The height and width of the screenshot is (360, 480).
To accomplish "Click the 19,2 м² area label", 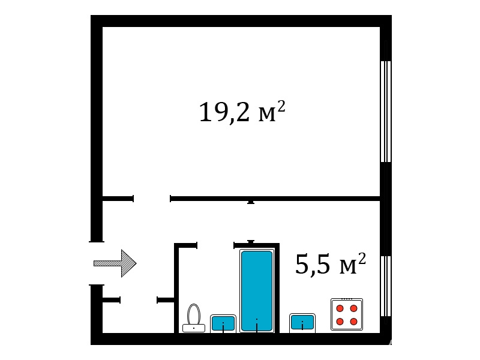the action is pyautogui.click(x=242, y=112).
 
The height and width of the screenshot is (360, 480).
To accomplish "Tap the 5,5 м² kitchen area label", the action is pyautogui.click(x=331, y=264).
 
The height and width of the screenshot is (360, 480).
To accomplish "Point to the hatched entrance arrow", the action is pyautogui.click(x=115, y=263).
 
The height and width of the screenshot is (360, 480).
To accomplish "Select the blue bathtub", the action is pyautogui.click(x=257, y=291).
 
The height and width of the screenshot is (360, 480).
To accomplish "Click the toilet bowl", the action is pyautogui.click(x=194, y=314).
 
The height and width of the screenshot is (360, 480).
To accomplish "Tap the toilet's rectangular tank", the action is pyautogui.click(x=194, y=328).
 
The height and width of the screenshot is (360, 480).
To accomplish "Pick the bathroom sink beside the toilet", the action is pyautogui.click(x=223, y=323).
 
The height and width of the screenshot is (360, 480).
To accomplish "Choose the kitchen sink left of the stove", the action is pyautogui.click(x=302, y=323).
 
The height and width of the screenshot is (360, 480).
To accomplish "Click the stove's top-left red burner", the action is pyautogui.click(x=340, y=308).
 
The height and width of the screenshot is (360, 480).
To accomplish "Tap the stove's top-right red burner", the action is pyautogui.click(x=354, y=308).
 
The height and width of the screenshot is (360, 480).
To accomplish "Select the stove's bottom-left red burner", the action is pyautogui.click(x=340, y=322).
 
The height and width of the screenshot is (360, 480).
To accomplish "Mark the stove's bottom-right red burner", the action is pyautogui.click(x=354, y=322).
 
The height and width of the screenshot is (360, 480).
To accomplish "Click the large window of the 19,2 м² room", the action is pyautogui.click(x=386, y=112).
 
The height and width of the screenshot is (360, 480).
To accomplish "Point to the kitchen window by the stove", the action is pyautogui.click(x=386, y=286).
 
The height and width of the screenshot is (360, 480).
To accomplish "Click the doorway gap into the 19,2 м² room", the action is pyautogui.click(x=152, y=199).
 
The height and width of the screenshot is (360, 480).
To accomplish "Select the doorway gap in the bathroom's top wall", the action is pyautogui.click(x=215, y=245).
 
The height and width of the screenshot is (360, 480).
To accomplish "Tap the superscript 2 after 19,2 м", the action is pyautogui.click(x=281, y=107).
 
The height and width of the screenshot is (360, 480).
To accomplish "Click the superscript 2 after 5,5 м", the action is pyautogui.click(x=362, y=259).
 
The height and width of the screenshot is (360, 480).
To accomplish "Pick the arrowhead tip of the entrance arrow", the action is pyautogui.click(x=136, y=263).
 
